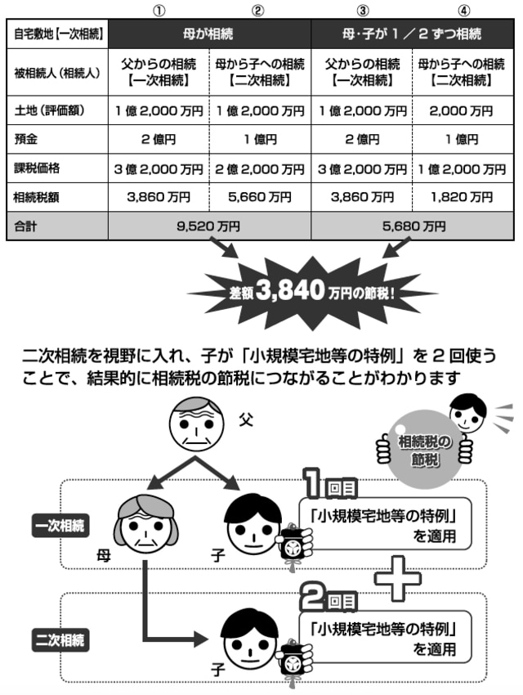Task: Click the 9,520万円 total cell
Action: (x=209, y=226)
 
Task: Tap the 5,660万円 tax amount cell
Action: (x=260, y=197)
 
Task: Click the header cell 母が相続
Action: (x=209, y=34)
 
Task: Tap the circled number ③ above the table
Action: (x=362, y=11)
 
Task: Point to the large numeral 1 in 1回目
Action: (x=312, y=487)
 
